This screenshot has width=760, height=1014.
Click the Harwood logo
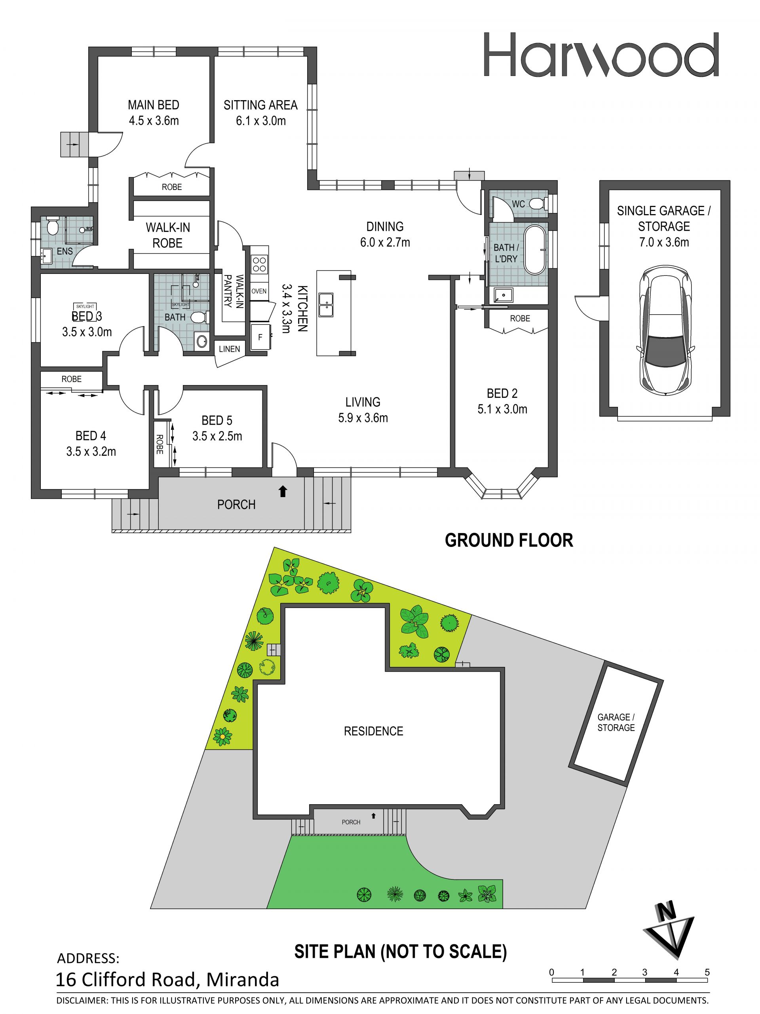click(x=601, y=55)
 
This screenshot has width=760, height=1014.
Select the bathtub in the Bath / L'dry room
click(x=536, y=250)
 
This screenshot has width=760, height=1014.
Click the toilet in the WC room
click(x=537, y=203)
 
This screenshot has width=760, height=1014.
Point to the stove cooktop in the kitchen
click(x=259, y=264)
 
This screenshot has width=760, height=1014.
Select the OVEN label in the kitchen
click(x=259, y=291)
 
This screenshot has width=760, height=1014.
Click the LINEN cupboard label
click(x=229, y=349)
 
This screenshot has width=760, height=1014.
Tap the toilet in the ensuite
click(x=52, y=226)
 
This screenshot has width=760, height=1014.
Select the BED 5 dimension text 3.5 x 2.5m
click(x=217, y=436)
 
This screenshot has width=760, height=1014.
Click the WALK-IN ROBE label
click(x=168, y=235)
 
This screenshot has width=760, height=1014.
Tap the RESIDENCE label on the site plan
click(x=374, y=731)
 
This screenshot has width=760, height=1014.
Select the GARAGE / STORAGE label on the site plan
click(x=616, y=722)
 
